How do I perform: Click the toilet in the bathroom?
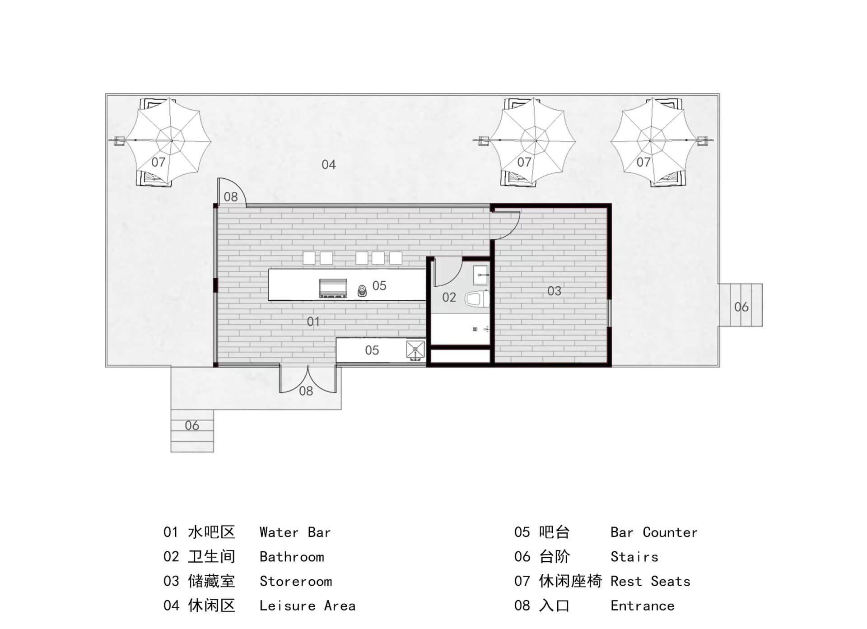point(477,299)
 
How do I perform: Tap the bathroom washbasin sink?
point(480,275)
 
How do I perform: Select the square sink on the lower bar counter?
point(415,350)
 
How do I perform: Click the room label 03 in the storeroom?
point(554,291)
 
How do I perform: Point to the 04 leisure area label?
point(328,165)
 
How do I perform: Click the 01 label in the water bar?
point(313,321)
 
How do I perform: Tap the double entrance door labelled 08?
point(308,379)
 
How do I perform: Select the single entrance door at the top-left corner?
point(231,192)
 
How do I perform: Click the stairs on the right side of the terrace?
point(741,305)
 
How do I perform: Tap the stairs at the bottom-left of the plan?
point(192,431)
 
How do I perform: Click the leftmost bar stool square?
point(309,258)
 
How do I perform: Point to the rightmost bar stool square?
point(396,258)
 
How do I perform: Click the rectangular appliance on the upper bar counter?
point(333,288)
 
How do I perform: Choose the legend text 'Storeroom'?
point(296,581)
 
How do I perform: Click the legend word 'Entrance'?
point(643,606)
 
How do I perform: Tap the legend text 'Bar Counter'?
point(654,532)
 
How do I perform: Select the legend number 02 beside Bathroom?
point(171,557)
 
